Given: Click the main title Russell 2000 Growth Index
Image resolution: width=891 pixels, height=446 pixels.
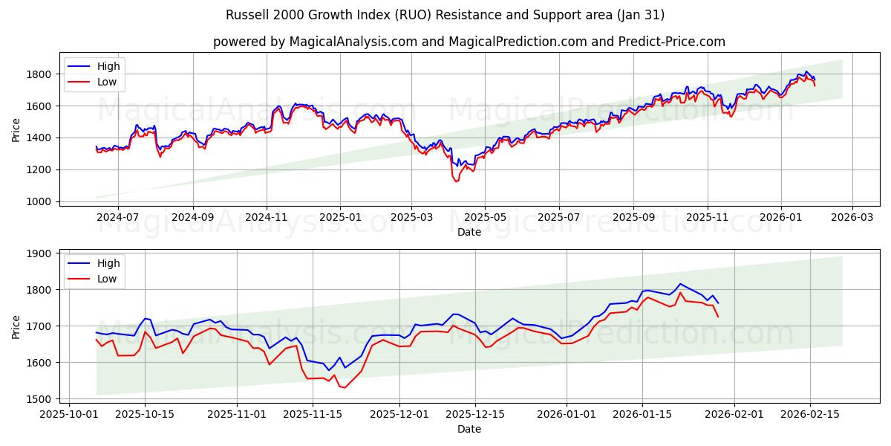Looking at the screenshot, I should [445, 15].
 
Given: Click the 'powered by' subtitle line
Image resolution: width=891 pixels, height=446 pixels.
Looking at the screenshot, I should [469, 42].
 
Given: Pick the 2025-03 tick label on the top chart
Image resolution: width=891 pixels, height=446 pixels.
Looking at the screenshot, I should [412, 217].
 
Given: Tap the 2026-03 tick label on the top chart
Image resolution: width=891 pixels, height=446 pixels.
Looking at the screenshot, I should [852, 217].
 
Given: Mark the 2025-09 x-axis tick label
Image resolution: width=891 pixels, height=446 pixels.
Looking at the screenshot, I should [633, 217].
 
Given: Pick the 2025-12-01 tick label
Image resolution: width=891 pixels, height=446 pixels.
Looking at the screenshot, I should [399, 414].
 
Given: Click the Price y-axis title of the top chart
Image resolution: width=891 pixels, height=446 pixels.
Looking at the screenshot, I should [16, 130].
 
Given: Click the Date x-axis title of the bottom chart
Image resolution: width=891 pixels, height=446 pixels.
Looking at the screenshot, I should [469, 429].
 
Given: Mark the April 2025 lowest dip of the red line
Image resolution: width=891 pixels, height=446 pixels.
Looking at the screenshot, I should [456, 181].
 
